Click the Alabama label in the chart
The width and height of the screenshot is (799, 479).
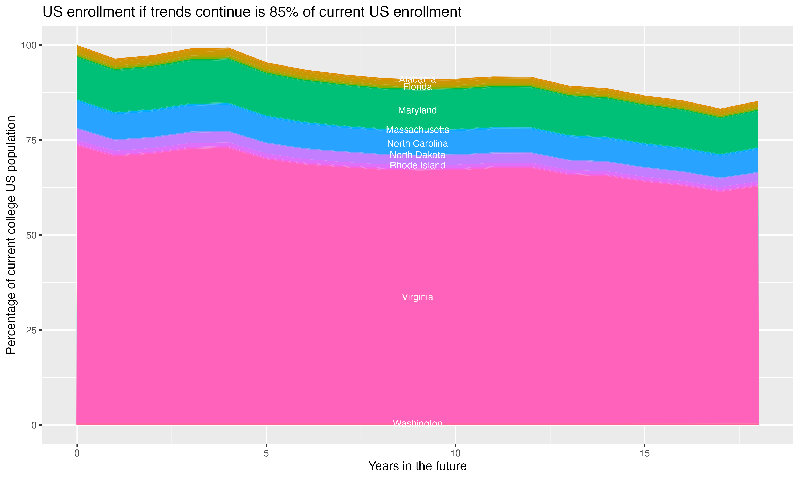pos(417,79)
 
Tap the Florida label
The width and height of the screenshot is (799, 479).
pos(417,87)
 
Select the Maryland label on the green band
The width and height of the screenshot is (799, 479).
pos(417,110)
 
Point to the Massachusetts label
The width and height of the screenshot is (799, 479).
pos(417,130)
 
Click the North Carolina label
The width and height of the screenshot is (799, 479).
pos(417,144)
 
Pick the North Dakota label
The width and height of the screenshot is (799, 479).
pos(417,155)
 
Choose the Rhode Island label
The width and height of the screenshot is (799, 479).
pos(417,165)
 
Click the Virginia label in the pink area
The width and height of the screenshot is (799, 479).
pos(417,297)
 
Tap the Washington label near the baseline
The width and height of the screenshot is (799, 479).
pos(417,423)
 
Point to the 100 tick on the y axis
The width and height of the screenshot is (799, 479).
pos(29,45)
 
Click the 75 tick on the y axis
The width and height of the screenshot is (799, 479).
pos(31,140)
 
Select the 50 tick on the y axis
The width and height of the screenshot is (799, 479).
pos(31,235)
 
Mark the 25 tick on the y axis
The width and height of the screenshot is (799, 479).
pos(31,330)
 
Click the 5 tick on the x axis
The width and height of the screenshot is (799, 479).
pos(266,453)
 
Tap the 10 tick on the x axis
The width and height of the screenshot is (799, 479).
pos(455,453)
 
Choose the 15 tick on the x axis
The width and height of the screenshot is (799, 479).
pos(644,453)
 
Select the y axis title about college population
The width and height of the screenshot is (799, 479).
pos(11,235)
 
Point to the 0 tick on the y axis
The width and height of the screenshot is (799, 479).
pos(34,425)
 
